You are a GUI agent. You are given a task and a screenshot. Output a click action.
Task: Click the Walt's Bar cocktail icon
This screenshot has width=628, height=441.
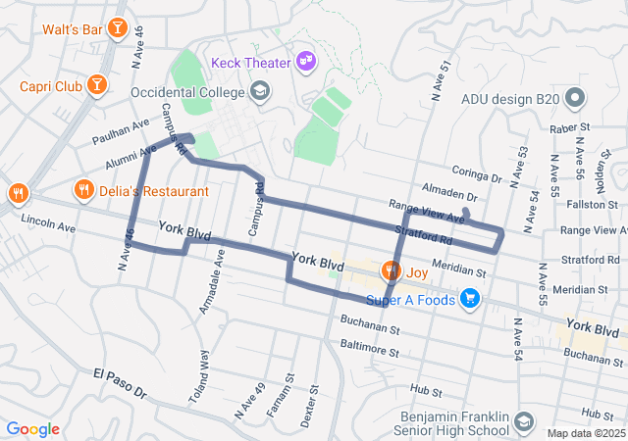(x=118, y=28)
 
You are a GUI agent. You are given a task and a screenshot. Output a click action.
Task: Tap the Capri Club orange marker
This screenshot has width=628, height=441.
(x=98, y=86)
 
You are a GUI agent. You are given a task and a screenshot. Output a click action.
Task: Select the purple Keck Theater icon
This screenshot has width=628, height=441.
(x=307, y=62)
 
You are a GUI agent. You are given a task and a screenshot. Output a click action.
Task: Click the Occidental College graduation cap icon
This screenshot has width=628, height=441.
(x=260, y=92)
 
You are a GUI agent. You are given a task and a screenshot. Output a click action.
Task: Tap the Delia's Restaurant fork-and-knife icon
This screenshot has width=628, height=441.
(x=84, y=190)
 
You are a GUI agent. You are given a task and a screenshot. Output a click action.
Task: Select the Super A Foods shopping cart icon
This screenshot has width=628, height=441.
(x=470, y=299)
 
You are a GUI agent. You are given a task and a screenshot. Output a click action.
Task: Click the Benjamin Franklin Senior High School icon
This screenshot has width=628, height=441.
(x=524, y=421)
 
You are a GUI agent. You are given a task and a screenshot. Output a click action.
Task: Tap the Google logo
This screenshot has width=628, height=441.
(x=32, y=428)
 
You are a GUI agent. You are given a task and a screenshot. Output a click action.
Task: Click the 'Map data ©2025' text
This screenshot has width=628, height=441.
(x=585, y=433)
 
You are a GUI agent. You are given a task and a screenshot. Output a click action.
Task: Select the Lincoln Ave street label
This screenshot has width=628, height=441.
(x=48, y=226)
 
